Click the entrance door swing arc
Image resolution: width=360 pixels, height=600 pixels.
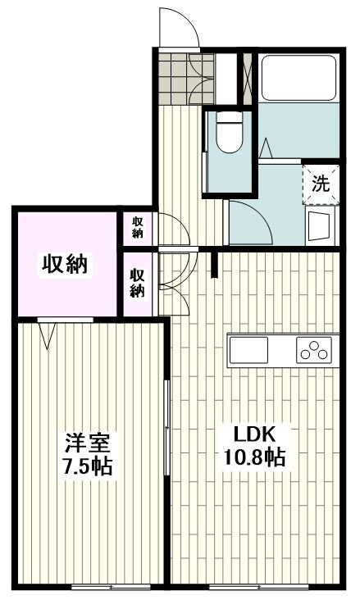(179, 27)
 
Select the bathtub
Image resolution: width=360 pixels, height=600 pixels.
(298, 78)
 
